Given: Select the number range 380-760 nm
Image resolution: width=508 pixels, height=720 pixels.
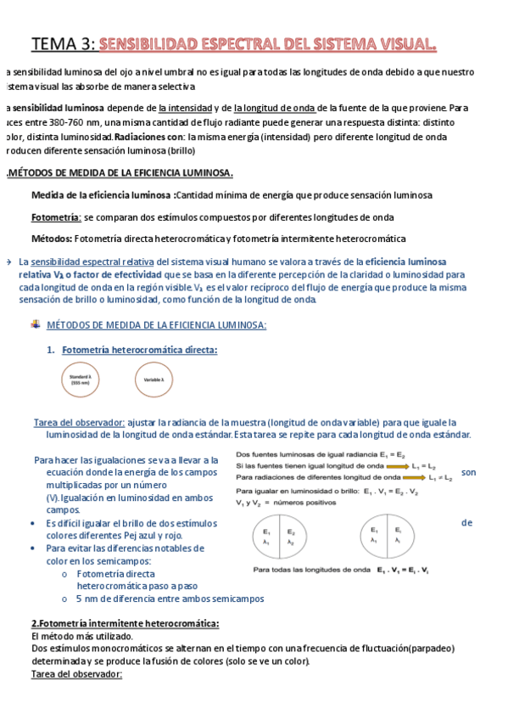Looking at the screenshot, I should click(64, 122).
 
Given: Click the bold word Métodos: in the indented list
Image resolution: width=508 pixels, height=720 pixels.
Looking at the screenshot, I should click(52, 239).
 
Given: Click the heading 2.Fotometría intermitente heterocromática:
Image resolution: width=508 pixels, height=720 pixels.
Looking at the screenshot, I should click(125, 623).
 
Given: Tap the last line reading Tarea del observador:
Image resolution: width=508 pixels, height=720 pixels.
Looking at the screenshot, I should click(76, 674).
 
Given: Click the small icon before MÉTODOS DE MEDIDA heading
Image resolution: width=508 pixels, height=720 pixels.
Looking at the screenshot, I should click(34, 325).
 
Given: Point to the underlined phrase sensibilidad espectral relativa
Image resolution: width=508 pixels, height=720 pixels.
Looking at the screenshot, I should click(92, 262).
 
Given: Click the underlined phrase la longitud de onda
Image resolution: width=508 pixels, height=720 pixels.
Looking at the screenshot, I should click(275, 108).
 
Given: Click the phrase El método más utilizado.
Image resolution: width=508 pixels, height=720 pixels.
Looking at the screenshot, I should click(81, 636).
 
